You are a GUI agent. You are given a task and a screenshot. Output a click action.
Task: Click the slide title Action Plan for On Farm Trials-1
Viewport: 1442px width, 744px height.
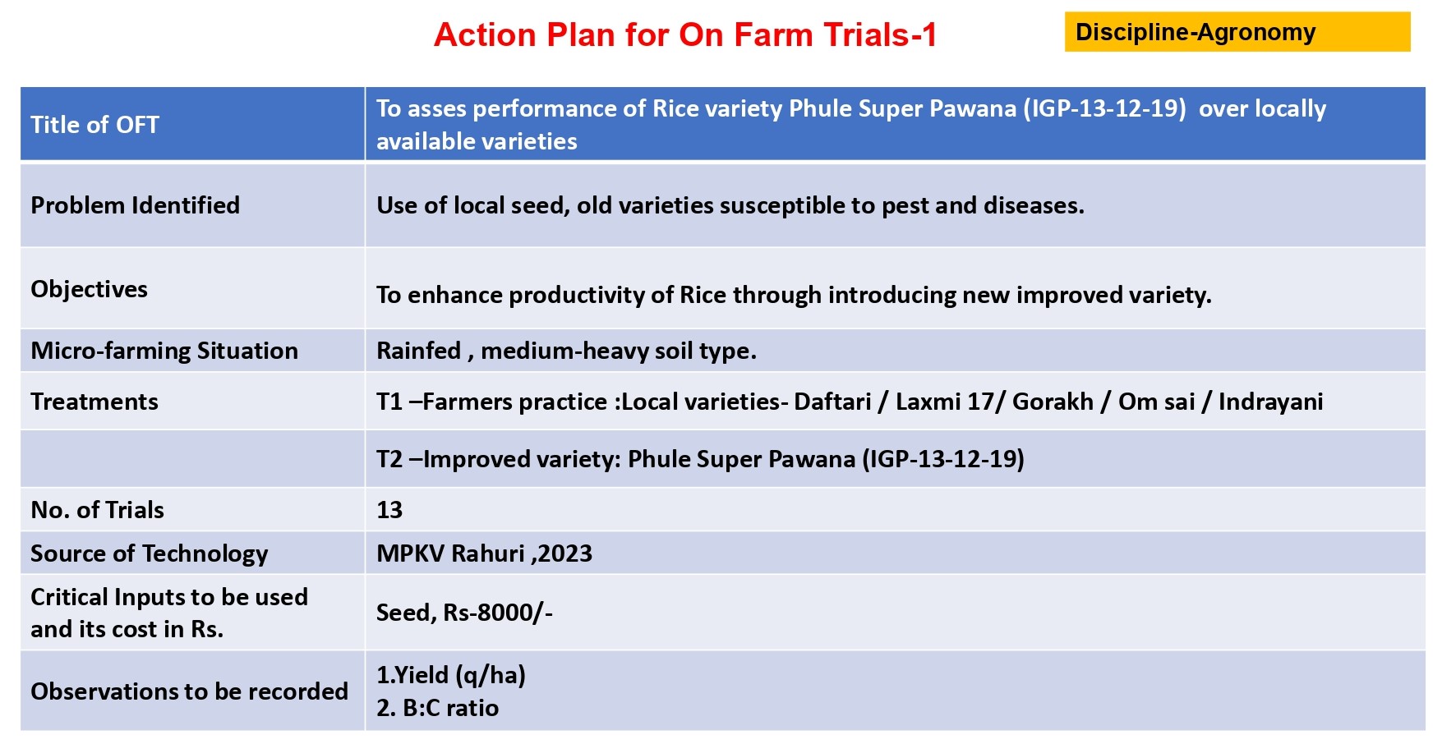click(x=685, y=34)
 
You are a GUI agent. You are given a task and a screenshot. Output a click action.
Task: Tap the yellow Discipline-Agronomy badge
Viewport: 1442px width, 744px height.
click(x=1237, y=32)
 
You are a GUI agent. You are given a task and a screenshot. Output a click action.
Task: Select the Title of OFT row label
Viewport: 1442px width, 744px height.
click(x=94, y=125)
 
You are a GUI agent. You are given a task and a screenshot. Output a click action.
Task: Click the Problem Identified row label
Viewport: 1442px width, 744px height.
click(x=135, y=205)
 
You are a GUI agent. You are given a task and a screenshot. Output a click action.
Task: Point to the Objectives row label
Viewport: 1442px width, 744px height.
click(x=89, y=289)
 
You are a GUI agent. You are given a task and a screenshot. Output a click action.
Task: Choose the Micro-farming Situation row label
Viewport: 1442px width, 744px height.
click(x=164, y=351)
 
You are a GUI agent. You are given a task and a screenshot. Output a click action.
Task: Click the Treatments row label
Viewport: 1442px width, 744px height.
click(x=94, y=402)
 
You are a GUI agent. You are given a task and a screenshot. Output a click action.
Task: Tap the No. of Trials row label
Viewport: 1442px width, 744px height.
click(x=97, y=510)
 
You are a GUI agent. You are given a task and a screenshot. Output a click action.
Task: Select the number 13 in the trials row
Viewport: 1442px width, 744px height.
click(x=389, y=510)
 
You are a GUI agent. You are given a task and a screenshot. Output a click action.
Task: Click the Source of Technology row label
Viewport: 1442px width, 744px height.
click(x=150, y=553)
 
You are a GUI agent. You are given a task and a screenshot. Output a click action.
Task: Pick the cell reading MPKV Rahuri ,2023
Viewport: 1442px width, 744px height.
click(x=484, y=553)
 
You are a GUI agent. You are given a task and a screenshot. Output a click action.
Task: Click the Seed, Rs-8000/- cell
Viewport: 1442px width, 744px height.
click(x=464, y=613)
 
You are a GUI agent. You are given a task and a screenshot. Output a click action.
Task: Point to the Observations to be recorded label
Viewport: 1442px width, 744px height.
click(x=189, y=691)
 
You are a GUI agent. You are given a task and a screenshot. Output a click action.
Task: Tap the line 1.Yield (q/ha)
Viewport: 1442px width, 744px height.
click(x=451, y=675)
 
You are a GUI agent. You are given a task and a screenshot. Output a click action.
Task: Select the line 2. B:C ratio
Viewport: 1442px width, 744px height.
click(x=437, y=708)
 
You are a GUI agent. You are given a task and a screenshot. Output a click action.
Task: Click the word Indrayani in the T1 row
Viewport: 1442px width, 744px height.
click(x=1270, y=402)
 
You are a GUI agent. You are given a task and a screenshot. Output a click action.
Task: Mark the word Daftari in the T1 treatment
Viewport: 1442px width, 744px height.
click(x=832, y=402)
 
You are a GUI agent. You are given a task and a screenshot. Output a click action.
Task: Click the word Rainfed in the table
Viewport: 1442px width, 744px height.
click(x=418, y=351)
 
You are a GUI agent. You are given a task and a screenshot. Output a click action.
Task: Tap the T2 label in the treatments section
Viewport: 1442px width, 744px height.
click(x=389, y=459)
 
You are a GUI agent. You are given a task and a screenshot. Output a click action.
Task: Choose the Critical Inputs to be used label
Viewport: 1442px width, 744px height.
click(x=169, y=597)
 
